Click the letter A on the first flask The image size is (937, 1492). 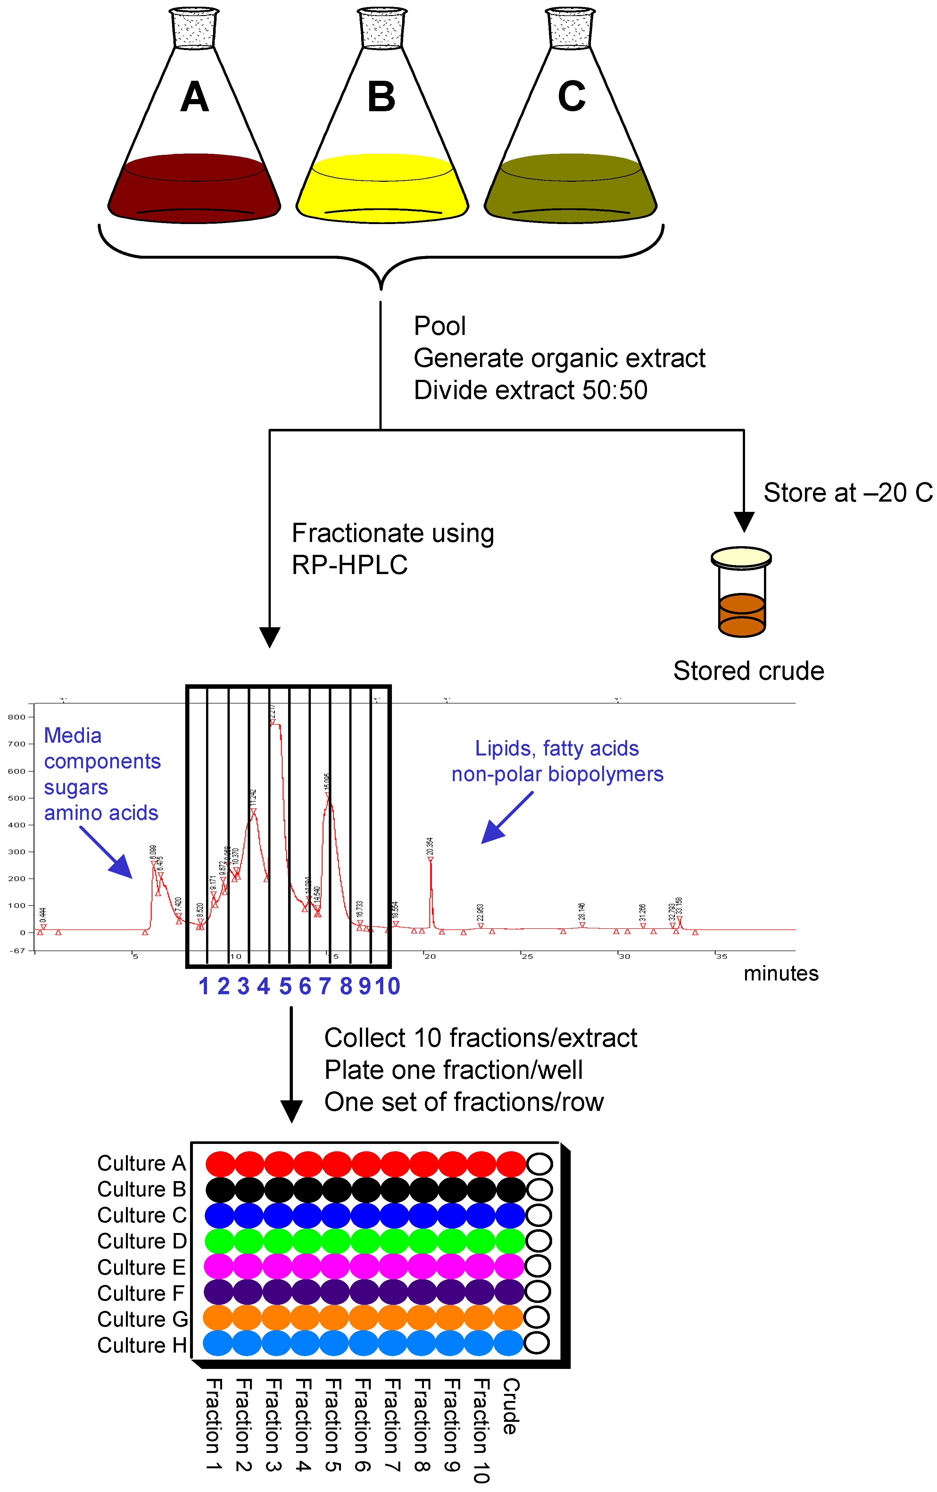coord(195,97)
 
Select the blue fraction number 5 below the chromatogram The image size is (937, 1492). coord(285,986)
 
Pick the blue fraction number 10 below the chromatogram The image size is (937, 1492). coord(387,986)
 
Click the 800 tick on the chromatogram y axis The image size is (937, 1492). coord(17,717)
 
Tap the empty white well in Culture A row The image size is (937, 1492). coord(539,1164)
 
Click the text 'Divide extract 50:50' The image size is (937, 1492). coord(530,390)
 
